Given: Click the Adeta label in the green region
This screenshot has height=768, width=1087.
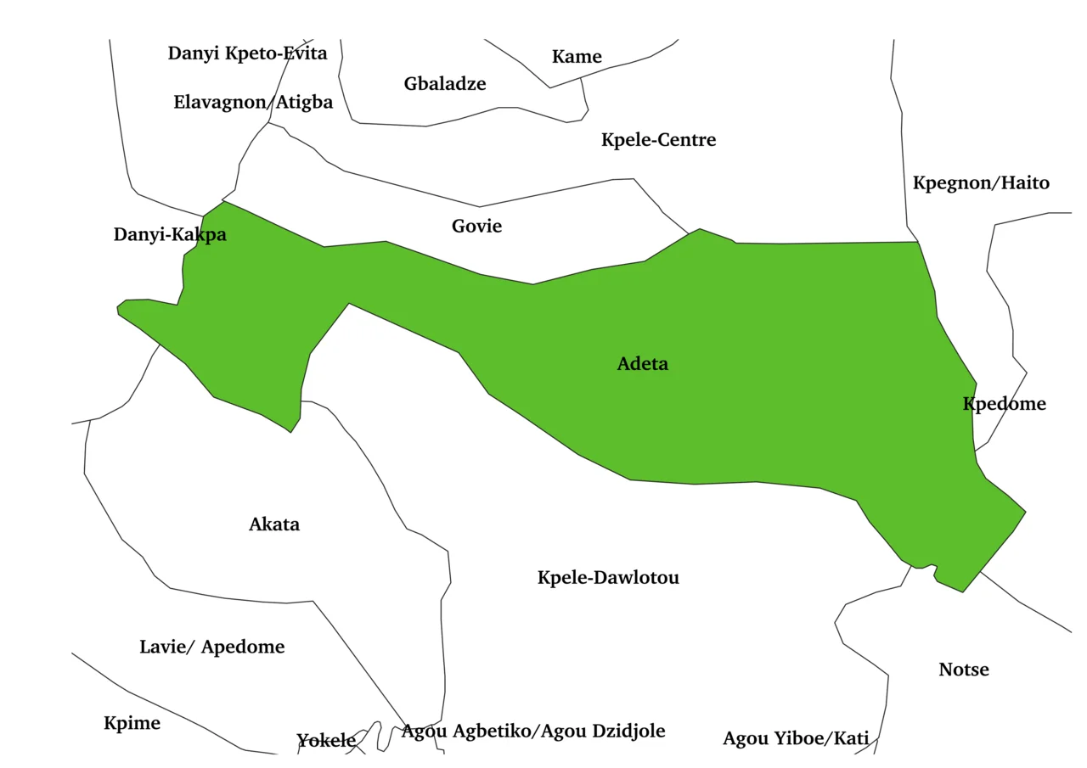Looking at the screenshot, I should (642, 364).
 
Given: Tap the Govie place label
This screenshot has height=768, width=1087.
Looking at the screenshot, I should (476, 227).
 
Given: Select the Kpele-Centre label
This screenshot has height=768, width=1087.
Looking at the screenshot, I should (658, 140).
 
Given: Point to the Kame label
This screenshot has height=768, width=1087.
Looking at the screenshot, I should (577, 57).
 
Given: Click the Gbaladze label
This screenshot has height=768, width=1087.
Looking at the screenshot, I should (445, 84).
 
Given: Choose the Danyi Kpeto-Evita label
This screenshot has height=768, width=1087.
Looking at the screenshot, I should (247, 53).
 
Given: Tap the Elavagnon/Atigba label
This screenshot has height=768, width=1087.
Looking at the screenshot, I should (253, 103).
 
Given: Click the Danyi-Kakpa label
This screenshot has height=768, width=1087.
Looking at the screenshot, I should (170, 235).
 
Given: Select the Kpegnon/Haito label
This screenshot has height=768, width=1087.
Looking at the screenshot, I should (981, 183).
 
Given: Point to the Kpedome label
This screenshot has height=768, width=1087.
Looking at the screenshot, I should (1004, 404).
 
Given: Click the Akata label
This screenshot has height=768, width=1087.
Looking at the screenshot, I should (274, 524).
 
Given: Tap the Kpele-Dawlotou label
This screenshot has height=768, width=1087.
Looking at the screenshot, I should (608, 578).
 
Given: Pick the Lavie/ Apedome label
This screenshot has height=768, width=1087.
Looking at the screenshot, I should (211, 647).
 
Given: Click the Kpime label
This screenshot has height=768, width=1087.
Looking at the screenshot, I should (132, 724).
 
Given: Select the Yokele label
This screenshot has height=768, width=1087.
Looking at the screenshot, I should (326, 741).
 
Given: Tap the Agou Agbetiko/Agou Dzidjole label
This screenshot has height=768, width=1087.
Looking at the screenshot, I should (533, 732).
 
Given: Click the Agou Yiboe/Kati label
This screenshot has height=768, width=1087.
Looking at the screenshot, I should (796, 739).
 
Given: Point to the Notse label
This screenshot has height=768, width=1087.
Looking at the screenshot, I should (963, 670).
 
